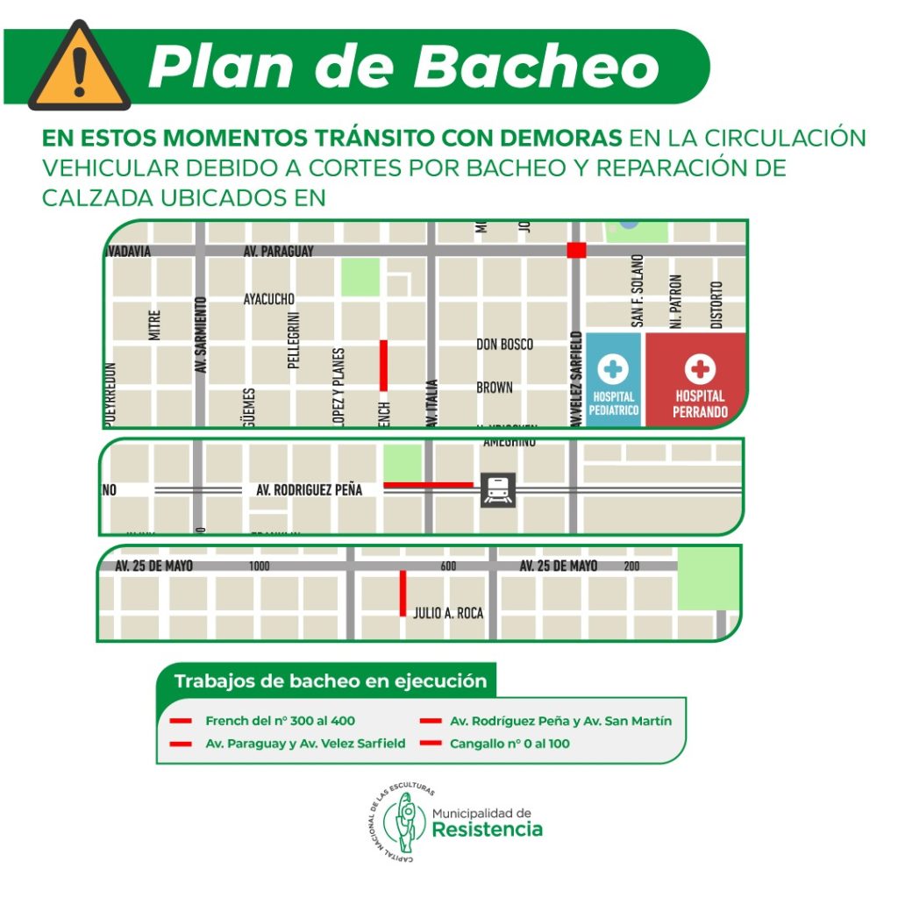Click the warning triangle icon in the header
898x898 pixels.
coord(79,68)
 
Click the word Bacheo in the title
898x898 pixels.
coord(539,66)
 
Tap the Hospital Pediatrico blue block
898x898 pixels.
coord(614,381)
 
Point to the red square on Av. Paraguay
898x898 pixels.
coord(576,250)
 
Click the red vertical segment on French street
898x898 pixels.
coord(383,365)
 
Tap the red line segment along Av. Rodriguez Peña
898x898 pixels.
coord(428,484)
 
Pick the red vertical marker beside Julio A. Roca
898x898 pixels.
coord(403,593)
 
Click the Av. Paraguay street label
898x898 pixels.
coord(279,252)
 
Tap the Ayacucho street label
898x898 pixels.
coord(269,299)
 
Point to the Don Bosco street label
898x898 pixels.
coord(504,345)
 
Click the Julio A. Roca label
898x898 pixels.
coord(448,614)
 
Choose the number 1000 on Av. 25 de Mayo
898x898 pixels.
coord(260,567)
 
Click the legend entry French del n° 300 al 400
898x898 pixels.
coord(280,721)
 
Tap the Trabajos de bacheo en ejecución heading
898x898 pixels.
coord(330,681)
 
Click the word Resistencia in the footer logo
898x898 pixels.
coord(488,830)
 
